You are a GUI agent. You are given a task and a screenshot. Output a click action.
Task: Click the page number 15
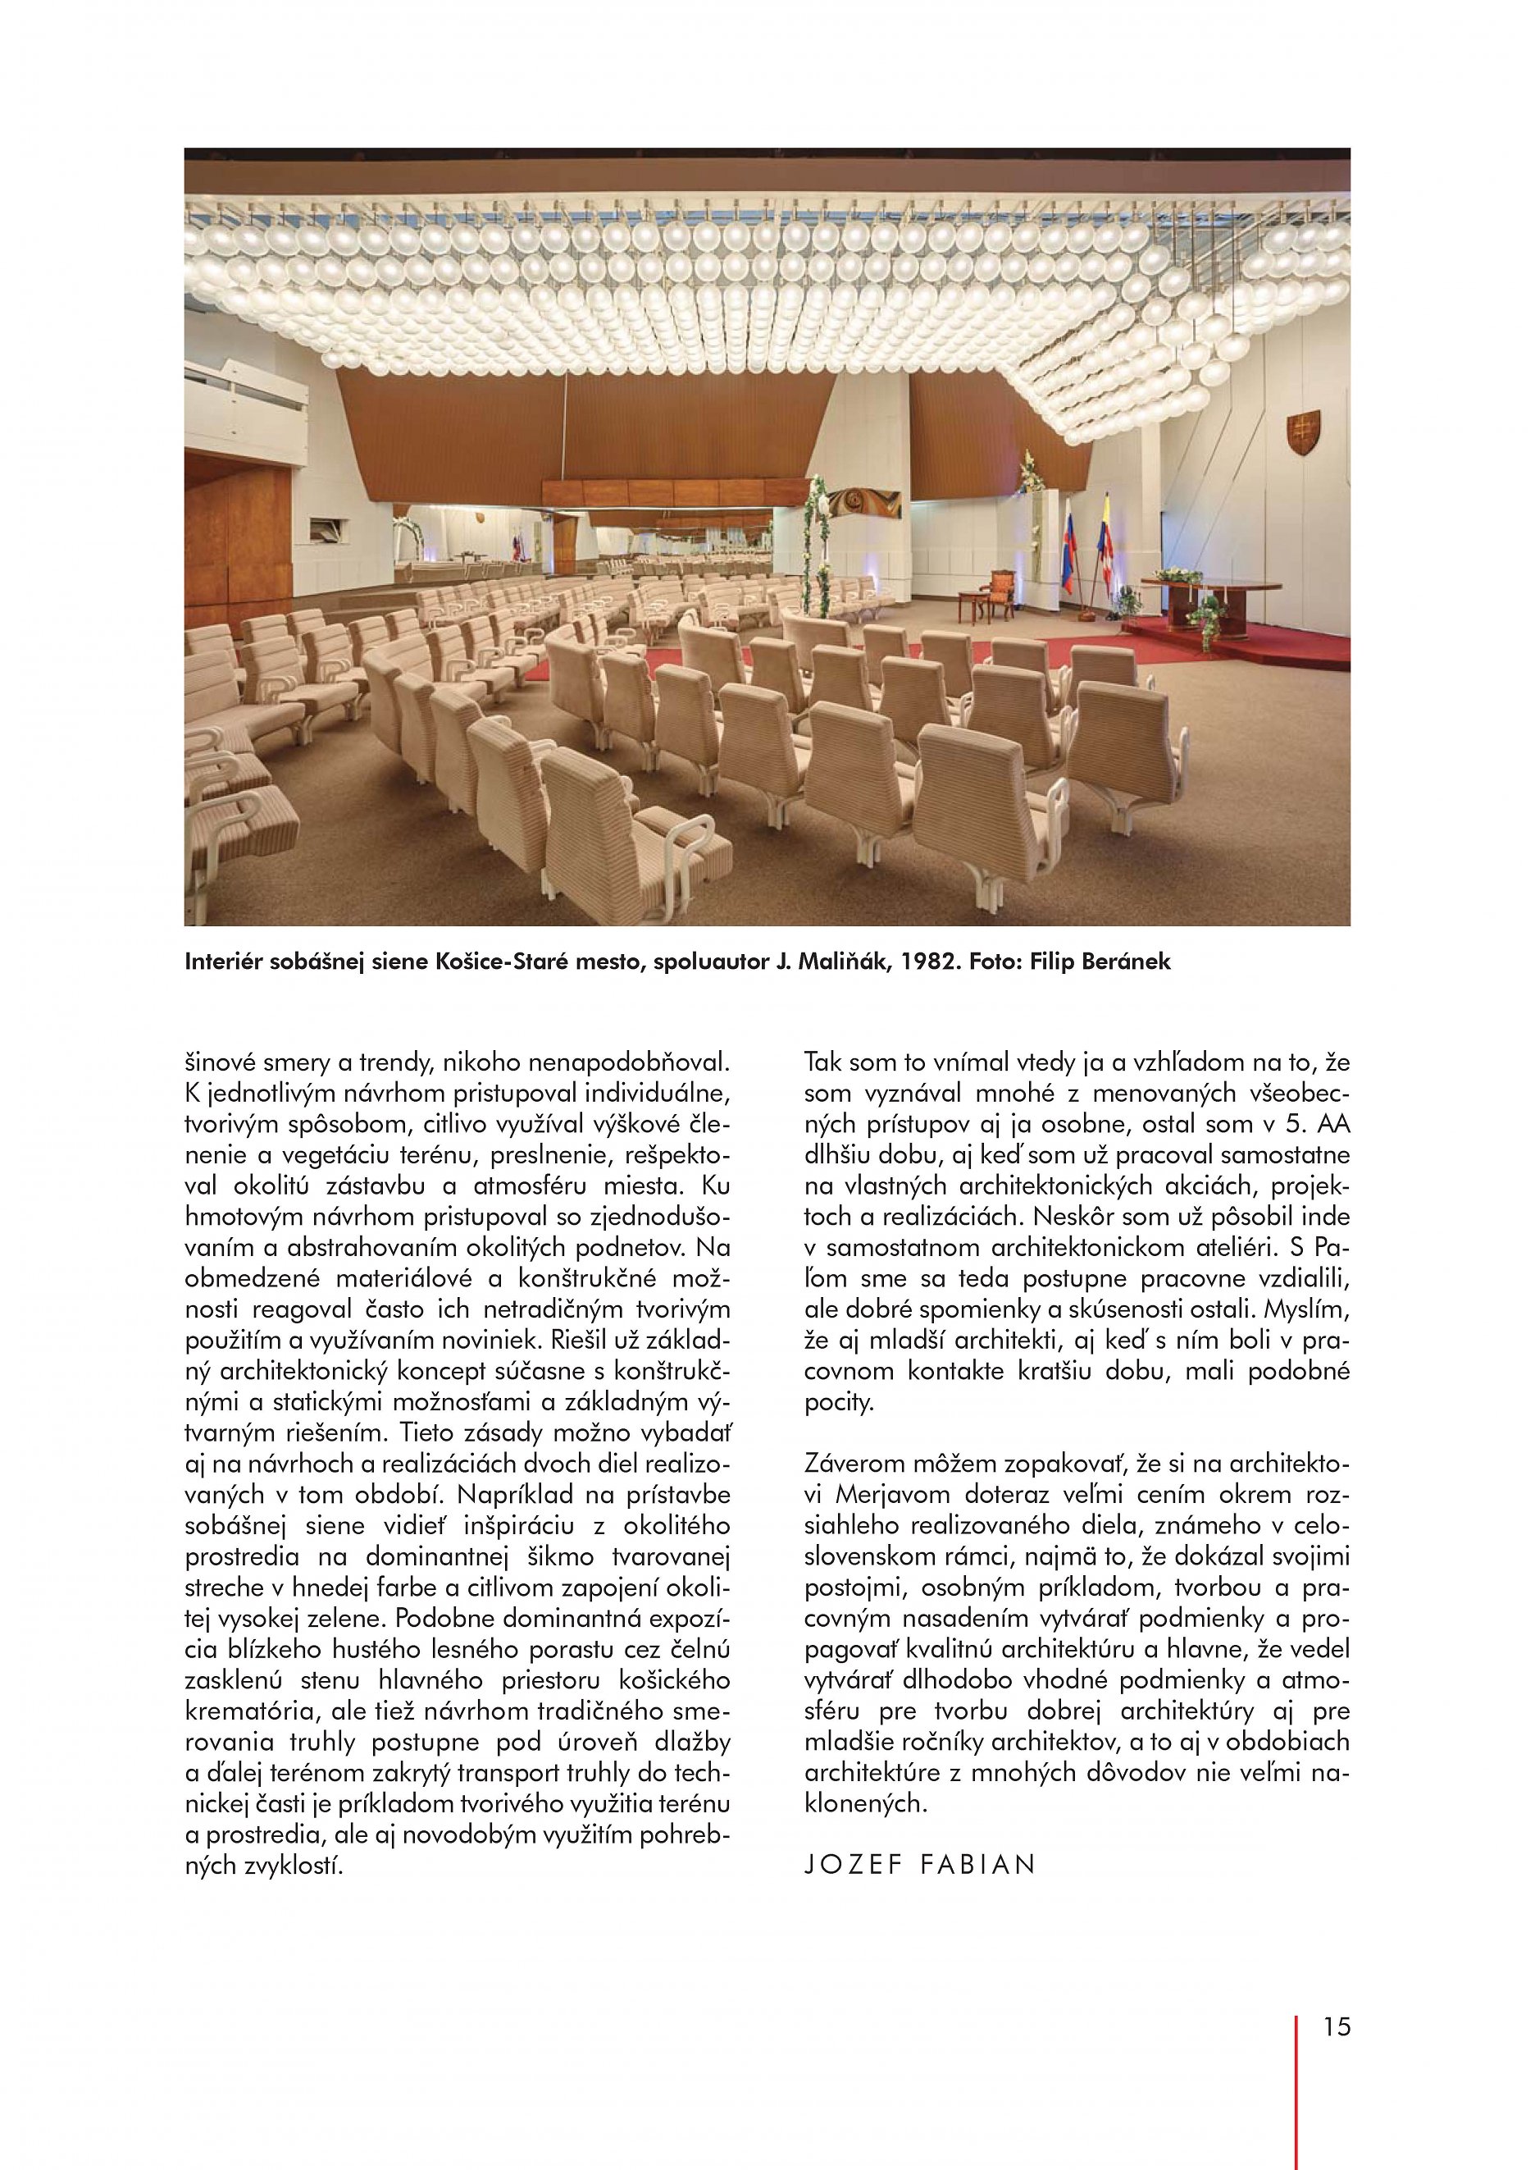coord(1337,2047)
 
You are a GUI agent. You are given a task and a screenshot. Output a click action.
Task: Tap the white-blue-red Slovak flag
coord(1068,548)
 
